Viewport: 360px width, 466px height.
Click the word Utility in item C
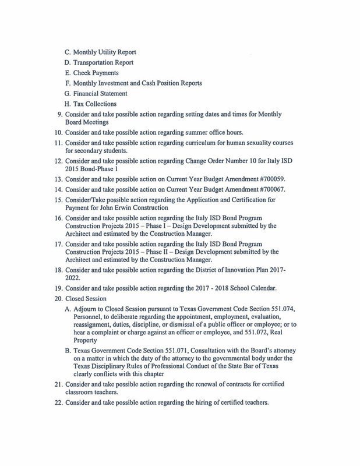pyautogui.click(x=101, y=52)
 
